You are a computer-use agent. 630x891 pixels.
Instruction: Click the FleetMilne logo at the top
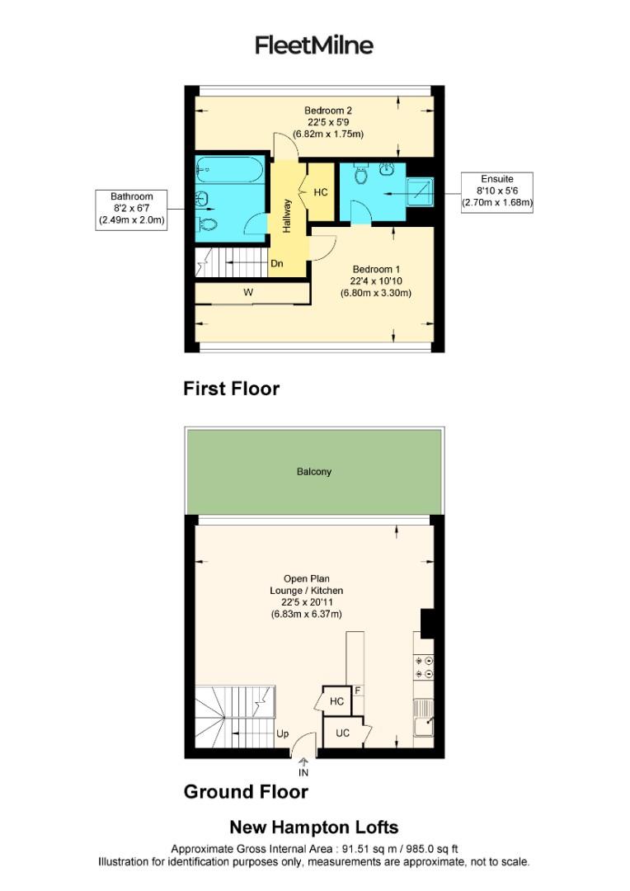click(313, 45)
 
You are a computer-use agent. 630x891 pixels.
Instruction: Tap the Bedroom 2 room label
click(328, 122)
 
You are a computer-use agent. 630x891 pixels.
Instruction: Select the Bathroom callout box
click(132, 208)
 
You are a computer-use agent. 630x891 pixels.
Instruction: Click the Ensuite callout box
click(496, 192)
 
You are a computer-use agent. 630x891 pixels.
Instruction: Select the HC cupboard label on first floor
click(321, 192)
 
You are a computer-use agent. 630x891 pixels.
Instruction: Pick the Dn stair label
click(278, 265)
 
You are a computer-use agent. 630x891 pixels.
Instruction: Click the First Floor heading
click(231, 389)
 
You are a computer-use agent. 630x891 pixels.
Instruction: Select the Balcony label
click(313, 472)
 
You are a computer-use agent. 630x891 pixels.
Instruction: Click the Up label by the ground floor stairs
click(282, 733)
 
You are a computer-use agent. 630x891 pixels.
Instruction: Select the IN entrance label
click(303, 773)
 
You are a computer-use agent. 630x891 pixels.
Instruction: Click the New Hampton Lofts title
click(313, 827)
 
